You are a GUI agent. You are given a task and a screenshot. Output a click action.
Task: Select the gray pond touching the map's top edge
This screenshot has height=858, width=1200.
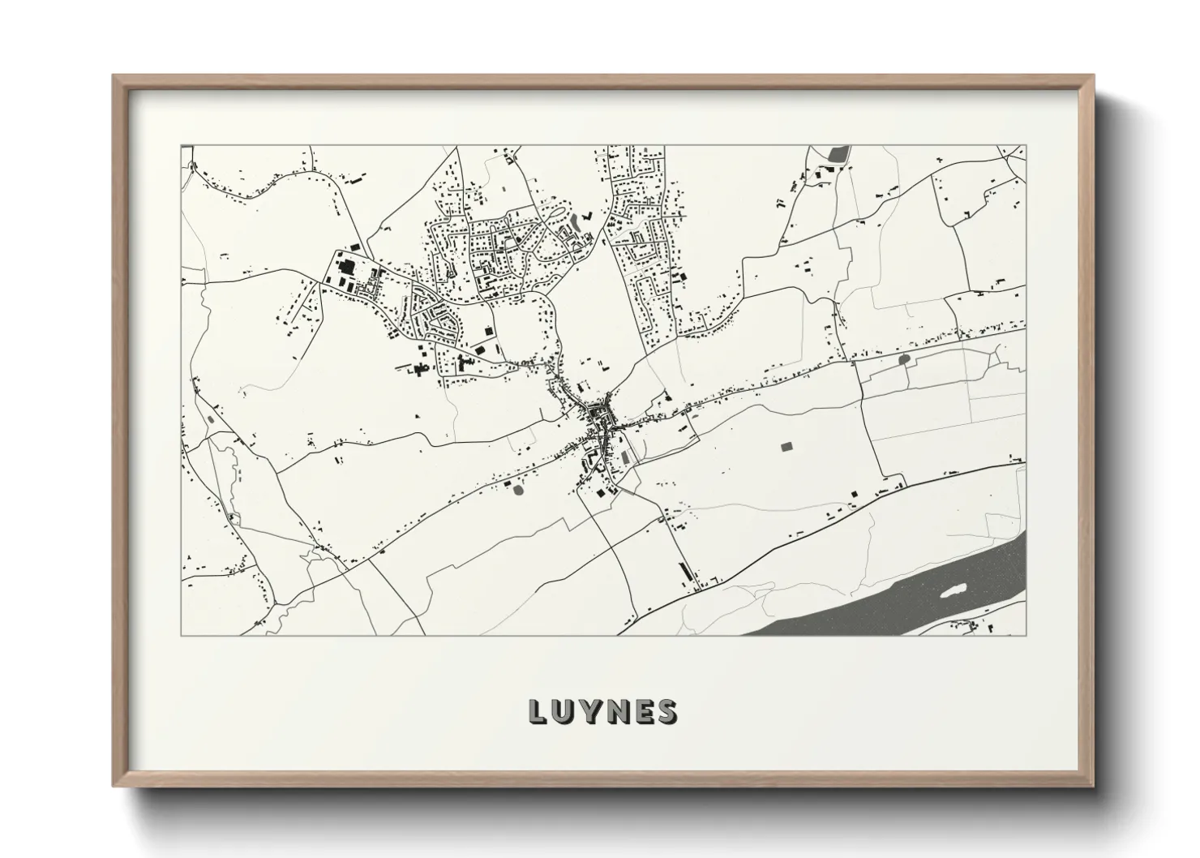click(838, 152)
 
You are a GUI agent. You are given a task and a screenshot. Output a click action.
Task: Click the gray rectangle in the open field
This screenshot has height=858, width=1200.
click(785, 446)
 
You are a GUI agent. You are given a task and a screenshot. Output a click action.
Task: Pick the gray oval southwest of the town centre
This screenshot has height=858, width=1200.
click(518, 488)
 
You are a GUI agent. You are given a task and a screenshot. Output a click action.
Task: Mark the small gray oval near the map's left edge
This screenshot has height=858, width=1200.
click(212, 418)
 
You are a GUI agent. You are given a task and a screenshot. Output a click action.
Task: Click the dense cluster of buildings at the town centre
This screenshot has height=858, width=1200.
click(601, 419)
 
